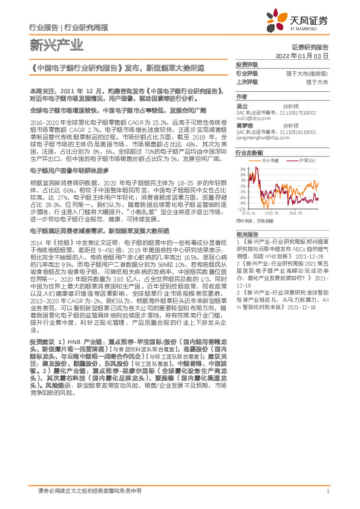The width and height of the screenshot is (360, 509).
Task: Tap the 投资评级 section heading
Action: tap(246, 64)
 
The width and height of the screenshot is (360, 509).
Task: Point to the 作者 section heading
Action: tap(241, 97)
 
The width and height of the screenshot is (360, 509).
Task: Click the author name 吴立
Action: tap(242, 106)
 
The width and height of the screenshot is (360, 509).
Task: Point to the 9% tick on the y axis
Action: tap(243, 169)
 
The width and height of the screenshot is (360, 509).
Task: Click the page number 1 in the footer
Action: tap(327, 491)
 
